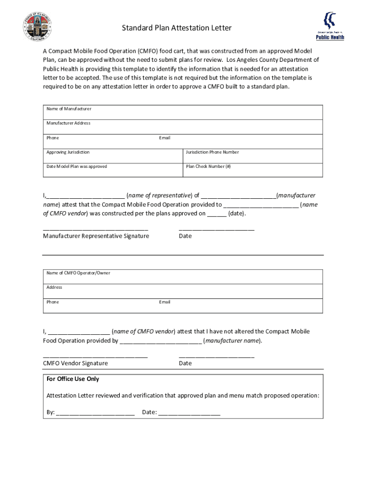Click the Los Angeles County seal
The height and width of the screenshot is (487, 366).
37,27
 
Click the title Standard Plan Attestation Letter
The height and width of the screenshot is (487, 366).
176,28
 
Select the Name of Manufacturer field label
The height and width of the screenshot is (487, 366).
69,109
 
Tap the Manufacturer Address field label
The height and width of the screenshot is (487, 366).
68,123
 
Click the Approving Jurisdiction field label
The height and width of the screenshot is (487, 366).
68,152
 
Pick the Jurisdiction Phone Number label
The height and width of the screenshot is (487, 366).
212,152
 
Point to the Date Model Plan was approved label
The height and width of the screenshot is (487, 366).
77,166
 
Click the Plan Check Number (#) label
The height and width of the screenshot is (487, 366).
208,166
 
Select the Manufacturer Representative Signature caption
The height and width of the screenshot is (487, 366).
96,236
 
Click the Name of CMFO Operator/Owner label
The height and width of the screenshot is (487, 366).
78,273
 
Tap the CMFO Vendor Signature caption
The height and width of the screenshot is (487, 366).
75,363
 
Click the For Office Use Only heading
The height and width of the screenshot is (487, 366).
73,379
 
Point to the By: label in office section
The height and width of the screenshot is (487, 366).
50,412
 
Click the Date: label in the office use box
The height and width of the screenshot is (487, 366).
149,412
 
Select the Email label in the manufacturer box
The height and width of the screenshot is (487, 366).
164,138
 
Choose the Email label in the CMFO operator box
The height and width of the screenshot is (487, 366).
164,302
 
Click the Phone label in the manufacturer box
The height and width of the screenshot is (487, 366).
53,138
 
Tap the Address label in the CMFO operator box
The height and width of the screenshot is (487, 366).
54,287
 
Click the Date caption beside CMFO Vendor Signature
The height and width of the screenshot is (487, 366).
185,363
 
